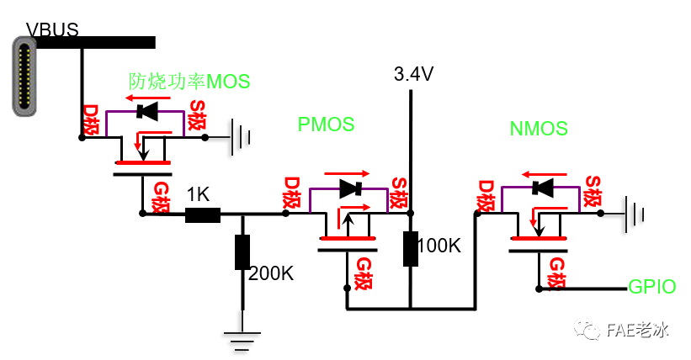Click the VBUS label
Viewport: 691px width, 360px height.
(x=52, y=30)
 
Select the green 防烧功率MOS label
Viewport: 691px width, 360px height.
(x=189, y=82)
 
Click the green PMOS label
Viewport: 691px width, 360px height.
(x=326, y=124)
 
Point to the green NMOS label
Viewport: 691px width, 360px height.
(x=539, y=130)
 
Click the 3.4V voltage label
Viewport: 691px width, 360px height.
(x=413, y=75)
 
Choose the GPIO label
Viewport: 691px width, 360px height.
(x=652, y=288)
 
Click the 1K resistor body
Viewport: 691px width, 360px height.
(x=202, y=214)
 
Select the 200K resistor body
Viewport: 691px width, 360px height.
(x=242, y=252)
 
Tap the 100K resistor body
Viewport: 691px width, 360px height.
(x=411, y=248)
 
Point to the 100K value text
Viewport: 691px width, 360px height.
(x=439, y=246)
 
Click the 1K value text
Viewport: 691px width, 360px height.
(x=198, y=194)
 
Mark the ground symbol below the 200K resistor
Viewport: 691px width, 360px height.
(x=242, y=339)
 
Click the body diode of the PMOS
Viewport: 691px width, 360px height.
(x=349, y=189)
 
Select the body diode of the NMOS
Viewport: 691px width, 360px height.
(x=542, y=187)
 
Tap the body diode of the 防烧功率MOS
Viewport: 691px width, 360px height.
(x=148, y=110)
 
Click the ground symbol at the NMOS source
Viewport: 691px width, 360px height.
(x=633, y=214)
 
